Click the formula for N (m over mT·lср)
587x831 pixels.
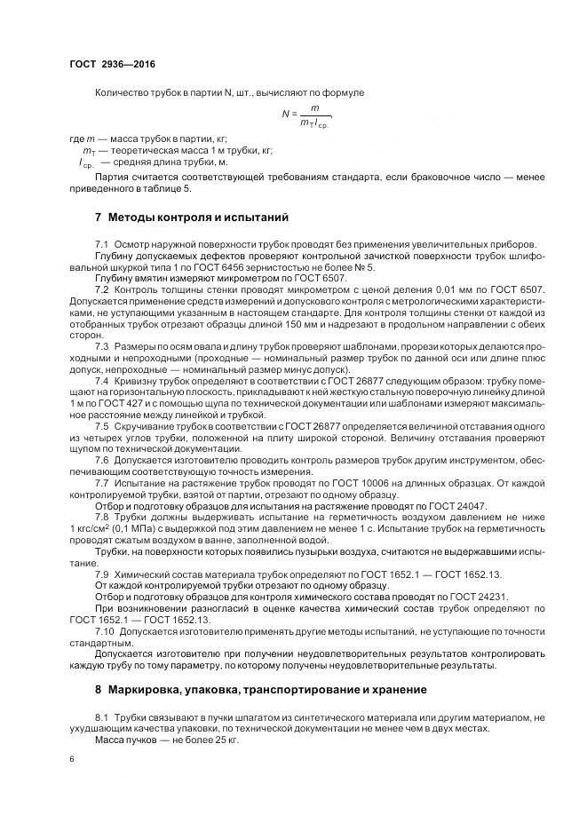pos(306,114)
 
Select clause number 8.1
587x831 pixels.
pos(101,715)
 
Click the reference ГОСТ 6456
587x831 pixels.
pos(218,266)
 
